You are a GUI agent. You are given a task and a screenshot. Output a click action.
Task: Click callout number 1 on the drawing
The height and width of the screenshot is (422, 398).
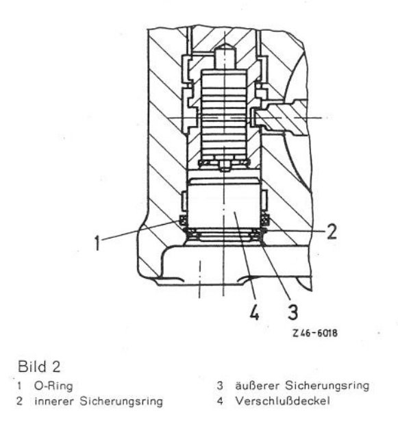click(97, 243)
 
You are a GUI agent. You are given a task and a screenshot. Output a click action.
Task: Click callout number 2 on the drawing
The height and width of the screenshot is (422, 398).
click(332, 232)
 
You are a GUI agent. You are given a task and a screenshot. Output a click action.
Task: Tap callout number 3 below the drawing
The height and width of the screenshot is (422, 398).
click(293, 312)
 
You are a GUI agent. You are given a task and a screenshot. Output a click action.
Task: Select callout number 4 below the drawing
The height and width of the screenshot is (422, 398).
click(254, 312)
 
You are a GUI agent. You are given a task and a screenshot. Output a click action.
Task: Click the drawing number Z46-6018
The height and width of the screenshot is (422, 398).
click(315, 333)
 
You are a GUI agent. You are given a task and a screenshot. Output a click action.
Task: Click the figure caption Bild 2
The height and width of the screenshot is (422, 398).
click(39, 367)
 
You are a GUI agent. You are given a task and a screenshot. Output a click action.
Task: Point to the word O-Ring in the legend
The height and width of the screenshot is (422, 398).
click(53, 386)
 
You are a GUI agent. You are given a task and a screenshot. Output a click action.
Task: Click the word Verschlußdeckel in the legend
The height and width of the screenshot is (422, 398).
click(282, 401)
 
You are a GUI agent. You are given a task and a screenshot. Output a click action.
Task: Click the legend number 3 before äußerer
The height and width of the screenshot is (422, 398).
click(220, 386)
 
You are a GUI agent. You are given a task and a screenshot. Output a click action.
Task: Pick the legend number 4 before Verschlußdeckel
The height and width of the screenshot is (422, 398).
click(220, 401)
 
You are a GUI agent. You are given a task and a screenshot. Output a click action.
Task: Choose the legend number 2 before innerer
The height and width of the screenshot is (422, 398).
click(19, 401)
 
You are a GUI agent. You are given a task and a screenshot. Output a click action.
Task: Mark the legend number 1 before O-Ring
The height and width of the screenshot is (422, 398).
click(18, 386)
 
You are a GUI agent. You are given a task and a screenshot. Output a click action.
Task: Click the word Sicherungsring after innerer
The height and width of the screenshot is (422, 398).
click(121, 401)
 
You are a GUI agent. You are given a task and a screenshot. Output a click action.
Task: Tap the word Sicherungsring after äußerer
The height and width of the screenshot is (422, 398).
click(327, 386)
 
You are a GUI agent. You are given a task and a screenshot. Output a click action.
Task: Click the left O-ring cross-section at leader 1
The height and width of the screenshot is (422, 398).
click(184, 220)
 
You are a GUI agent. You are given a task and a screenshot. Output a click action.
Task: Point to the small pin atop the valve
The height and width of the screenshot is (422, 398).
click(225, 57)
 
